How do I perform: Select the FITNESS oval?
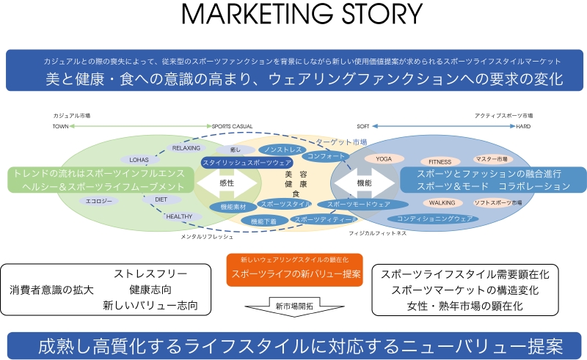(440, 161)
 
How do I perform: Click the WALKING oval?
(442, 202)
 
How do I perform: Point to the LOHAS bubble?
(139, 159)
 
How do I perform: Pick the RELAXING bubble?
(186, 147)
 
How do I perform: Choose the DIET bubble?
(161, 199)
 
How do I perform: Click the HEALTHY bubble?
(178, 216)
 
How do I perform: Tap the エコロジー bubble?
(98, 201)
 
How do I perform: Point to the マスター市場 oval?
(491, 158)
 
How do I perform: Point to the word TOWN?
(59, 126)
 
